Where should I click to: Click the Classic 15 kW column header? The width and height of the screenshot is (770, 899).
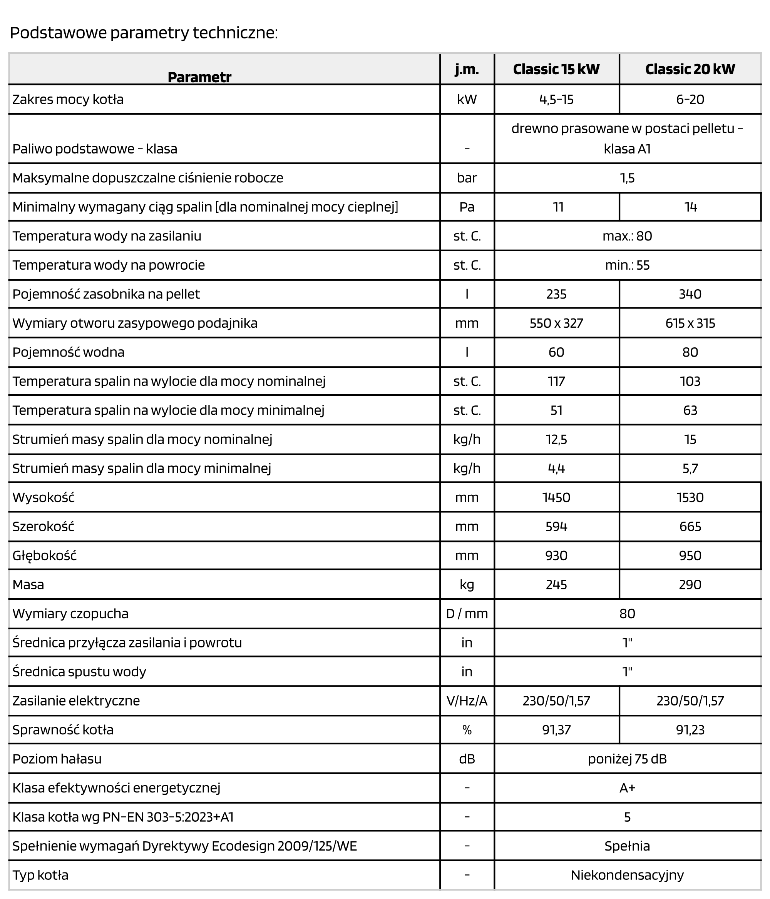point(556,69)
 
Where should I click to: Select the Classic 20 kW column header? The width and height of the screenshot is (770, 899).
point(690,69)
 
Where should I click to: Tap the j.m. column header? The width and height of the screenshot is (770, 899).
point(467,69)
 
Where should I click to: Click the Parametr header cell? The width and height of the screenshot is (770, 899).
point(199,77)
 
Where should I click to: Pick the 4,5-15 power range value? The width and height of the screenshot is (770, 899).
point(556,99)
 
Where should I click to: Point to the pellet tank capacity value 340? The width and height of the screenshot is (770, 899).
point(690,294)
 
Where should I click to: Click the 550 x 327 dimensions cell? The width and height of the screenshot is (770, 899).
point(556,323)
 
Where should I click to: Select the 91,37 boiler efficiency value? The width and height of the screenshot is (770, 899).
point(556,730)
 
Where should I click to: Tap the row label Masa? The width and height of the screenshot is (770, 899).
point(28,584)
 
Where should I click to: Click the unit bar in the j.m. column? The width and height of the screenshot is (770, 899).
point(467,178)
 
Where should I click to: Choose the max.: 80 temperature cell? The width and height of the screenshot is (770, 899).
point(627,236)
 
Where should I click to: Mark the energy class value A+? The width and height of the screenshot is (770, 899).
point(627,788)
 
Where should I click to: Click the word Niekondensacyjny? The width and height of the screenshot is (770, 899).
point(627,875)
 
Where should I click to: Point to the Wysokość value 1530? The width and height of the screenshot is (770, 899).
point(690,497)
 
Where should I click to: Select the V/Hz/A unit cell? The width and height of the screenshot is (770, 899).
point(467,701)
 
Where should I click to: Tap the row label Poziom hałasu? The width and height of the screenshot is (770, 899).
point(57,759)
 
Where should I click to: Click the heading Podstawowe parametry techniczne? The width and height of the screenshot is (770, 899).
point(144,33)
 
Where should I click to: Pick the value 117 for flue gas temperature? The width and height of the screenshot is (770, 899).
point(556,381)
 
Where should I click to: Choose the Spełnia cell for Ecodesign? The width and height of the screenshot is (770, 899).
point(627,846)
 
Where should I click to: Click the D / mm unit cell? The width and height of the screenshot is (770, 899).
point(467,614)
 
